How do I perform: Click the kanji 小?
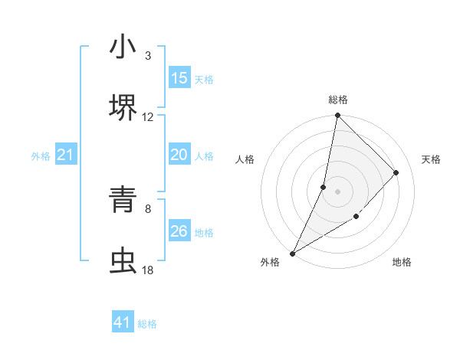tap(123, 47)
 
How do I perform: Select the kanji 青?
tap(123, 201)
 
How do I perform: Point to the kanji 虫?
tap(123, 261)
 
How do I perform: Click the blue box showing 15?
tap(179, 78)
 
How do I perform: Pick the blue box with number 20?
tap(179, 155)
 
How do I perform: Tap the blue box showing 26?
tap(179, 231)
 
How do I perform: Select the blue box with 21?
tap(66, 155)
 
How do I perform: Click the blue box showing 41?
tap(123, 322)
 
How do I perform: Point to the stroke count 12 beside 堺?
tap(148, 117)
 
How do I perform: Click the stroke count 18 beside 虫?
tap(148, 270)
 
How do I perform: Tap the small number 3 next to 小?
tap(148, 56)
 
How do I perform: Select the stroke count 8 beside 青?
tap(148, 209)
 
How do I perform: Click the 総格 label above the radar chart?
tap(338, 100)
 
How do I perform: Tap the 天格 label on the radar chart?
tap(432, 159)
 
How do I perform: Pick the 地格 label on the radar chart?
tap(402, 263)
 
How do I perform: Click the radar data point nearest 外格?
tap(292, 253)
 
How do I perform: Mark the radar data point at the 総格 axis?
tap(338, 116)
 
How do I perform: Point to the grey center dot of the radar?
tap(338, 191)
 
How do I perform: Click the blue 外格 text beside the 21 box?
tap(41, 156)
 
